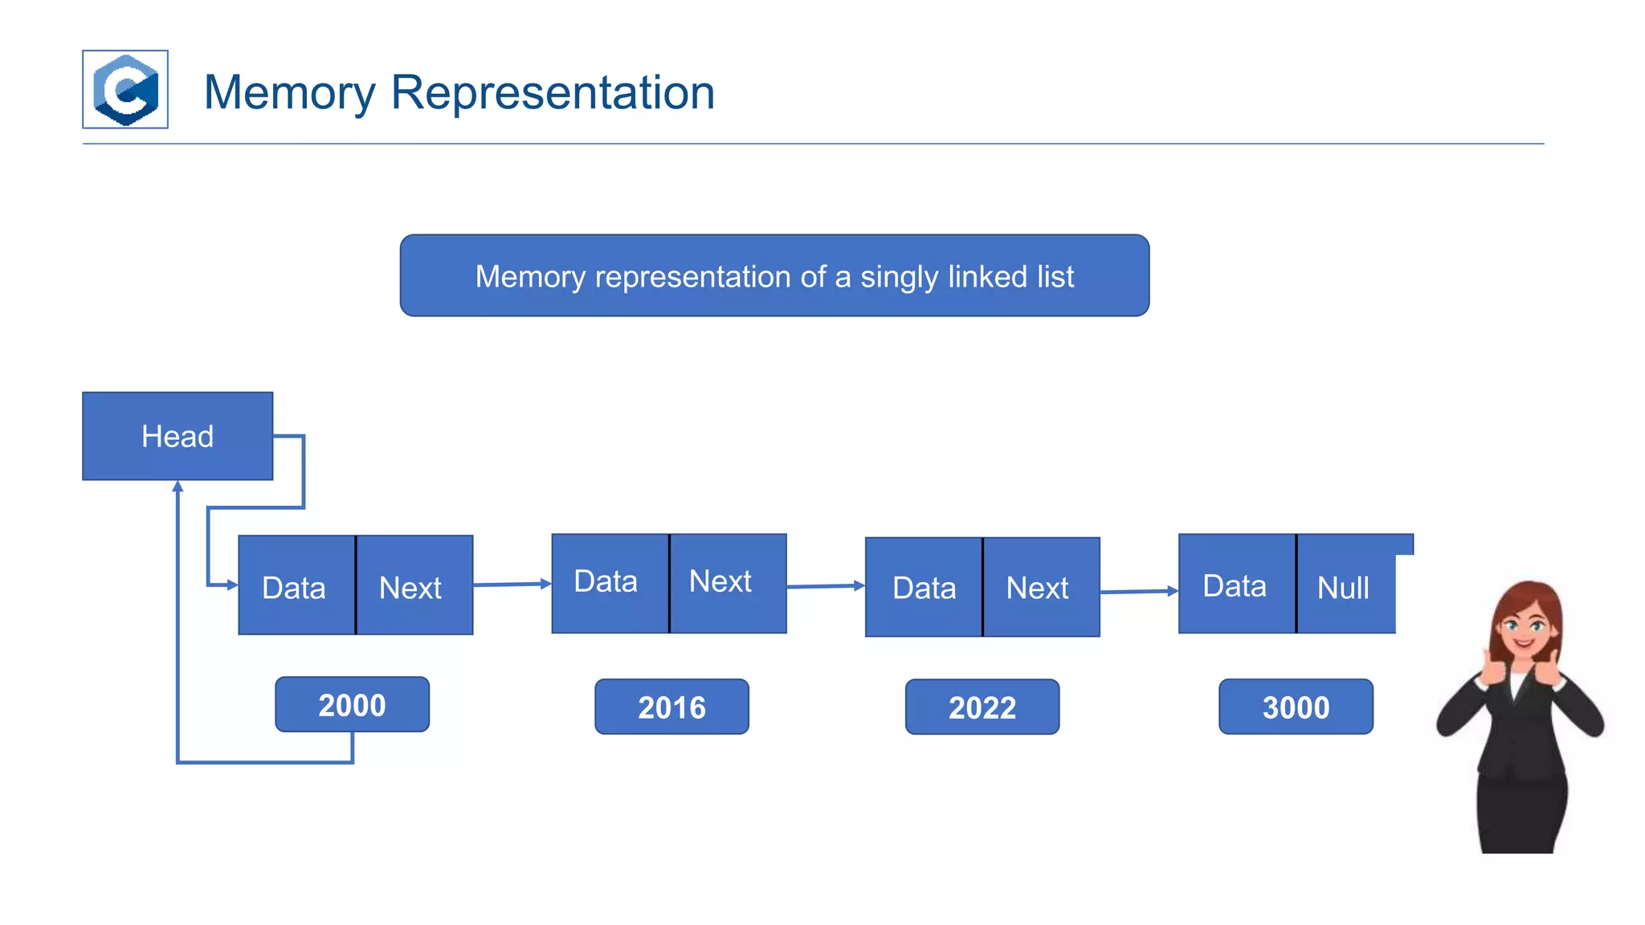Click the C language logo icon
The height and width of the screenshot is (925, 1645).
tap(125, 89)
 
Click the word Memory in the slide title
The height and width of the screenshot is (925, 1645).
tap(289, 92)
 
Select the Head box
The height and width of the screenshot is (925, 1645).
tap(178, 436)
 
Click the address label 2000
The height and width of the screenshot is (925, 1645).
tap(352, 705)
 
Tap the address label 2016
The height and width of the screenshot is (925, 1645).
tap(671, 707)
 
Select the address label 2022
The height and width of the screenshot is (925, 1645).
tap(982, 707)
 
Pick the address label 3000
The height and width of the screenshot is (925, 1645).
tap(1296, 707)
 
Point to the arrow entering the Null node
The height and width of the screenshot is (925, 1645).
tap(1138, 592)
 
